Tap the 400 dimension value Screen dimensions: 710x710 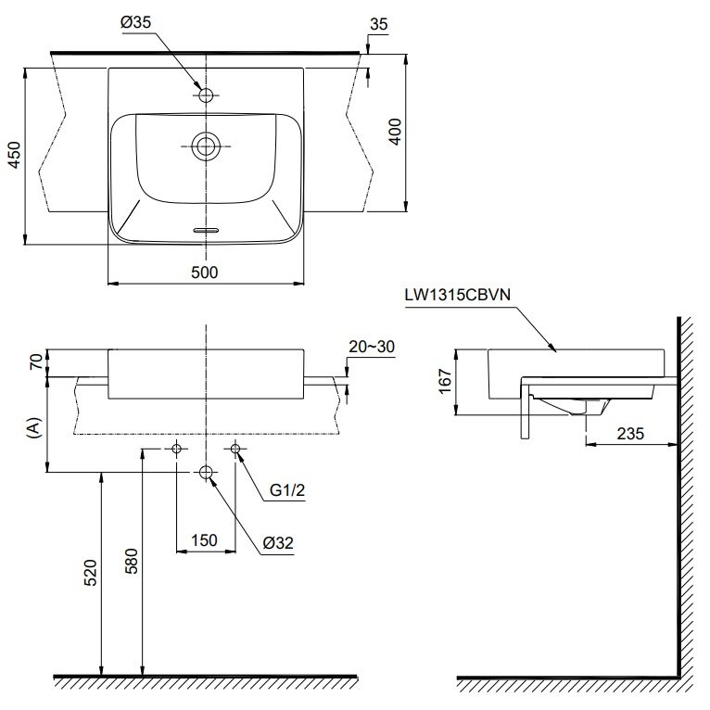[x=394, y=133]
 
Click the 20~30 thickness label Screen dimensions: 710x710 [x=372, y=347]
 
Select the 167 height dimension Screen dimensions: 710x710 [x=444, y=381]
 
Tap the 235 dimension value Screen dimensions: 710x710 [x=629, y=434]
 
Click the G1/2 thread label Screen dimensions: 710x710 [x=287, y=493]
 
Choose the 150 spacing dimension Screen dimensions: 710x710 [x=204, y=539]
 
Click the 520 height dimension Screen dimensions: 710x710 [x=89, y=572]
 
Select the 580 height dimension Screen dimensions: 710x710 [x=131, y=561]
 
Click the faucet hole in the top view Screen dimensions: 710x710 [x=206, y=95]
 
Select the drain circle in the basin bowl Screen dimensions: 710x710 [x=206, y=145]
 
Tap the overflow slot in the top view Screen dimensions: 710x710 [x=206, y=228]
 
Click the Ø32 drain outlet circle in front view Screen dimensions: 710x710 [x=206, y=474]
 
